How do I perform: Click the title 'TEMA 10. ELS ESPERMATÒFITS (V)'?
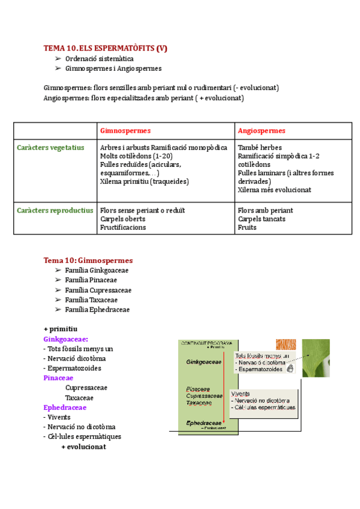point(105,49)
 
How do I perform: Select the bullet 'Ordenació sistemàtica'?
point(99,59)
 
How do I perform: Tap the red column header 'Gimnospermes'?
point(125,131)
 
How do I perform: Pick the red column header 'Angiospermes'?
point(261,131)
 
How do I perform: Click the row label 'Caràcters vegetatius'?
point(50,148)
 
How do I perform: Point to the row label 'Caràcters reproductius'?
point(55,211)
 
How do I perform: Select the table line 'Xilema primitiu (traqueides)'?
point(145,181)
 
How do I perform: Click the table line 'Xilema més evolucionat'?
point(274,190)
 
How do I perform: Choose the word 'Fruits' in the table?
point(247,227)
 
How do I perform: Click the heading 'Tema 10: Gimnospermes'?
point(88,261)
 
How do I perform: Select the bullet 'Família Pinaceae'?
point(91,280)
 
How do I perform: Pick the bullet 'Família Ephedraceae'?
point(97,310)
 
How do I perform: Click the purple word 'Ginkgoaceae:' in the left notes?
point(66,339)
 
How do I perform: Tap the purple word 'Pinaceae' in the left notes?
point(58,378)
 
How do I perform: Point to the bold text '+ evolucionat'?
point(83,447)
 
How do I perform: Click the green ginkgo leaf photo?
point(315,358)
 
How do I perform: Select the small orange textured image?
point(286,345)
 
